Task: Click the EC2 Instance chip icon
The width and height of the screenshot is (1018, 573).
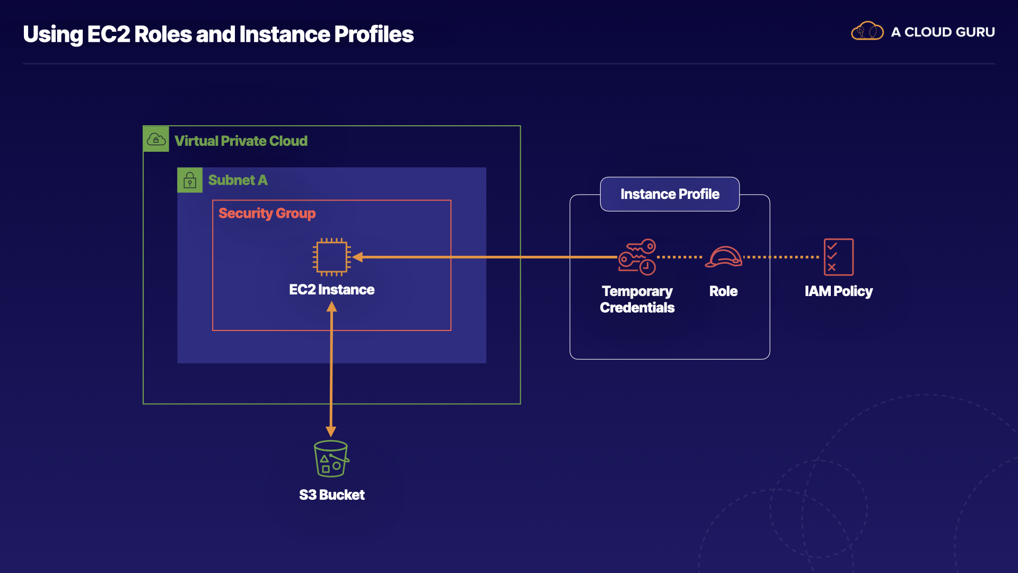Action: [x=331, y=257]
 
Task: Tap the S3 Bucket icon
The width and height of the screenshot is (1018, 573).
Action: [x=331, y=459]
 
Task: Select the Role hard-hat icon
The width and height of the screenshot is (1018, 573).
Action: [x=724, y=257]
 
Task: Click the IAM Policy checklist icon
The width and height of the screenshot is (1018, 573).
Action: [x=838, y=257]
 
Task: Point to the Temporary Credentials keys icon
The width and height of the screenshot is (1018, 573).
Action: [x=637, y=257]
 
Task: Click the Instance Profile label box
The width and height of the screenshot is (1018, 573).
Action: [x=670, y=194]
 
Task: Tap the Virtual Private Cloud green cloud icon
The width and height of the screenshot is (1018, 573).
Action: [x=156, y=139]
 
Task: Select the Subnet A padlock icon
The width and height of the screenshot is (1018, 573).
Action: [x=190, y=180]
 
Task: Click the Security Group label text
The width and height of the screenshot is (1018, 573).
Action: [x=267, y=213]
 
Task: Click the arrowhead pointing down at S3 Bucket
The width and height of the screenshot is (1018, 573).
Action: [x=331, y=431]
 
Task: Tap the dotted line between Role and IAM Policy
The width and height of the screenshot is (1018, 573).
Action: [x=781, y=257]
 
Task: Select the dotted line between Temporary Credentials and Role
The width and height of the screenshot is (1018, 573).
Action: [x=680, y=257]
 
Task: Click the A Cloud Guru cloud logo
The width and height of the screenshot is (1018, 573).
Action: [x=867, y=32]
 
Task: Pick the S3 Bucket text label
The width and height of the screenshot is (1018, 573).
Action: [x=331, y=495]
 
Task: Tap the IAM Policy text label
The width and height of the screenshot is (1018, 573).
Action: [x=838, y=291]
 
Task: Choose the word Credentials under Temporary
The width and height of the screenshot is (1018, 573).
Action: [x=637, y=308]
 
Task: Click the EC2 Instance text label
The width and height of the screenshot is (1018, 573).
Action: [x=331, y=290]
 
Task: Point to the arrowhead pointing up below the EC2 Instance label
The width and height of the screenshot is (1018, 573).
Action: [x=331, y=307]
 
